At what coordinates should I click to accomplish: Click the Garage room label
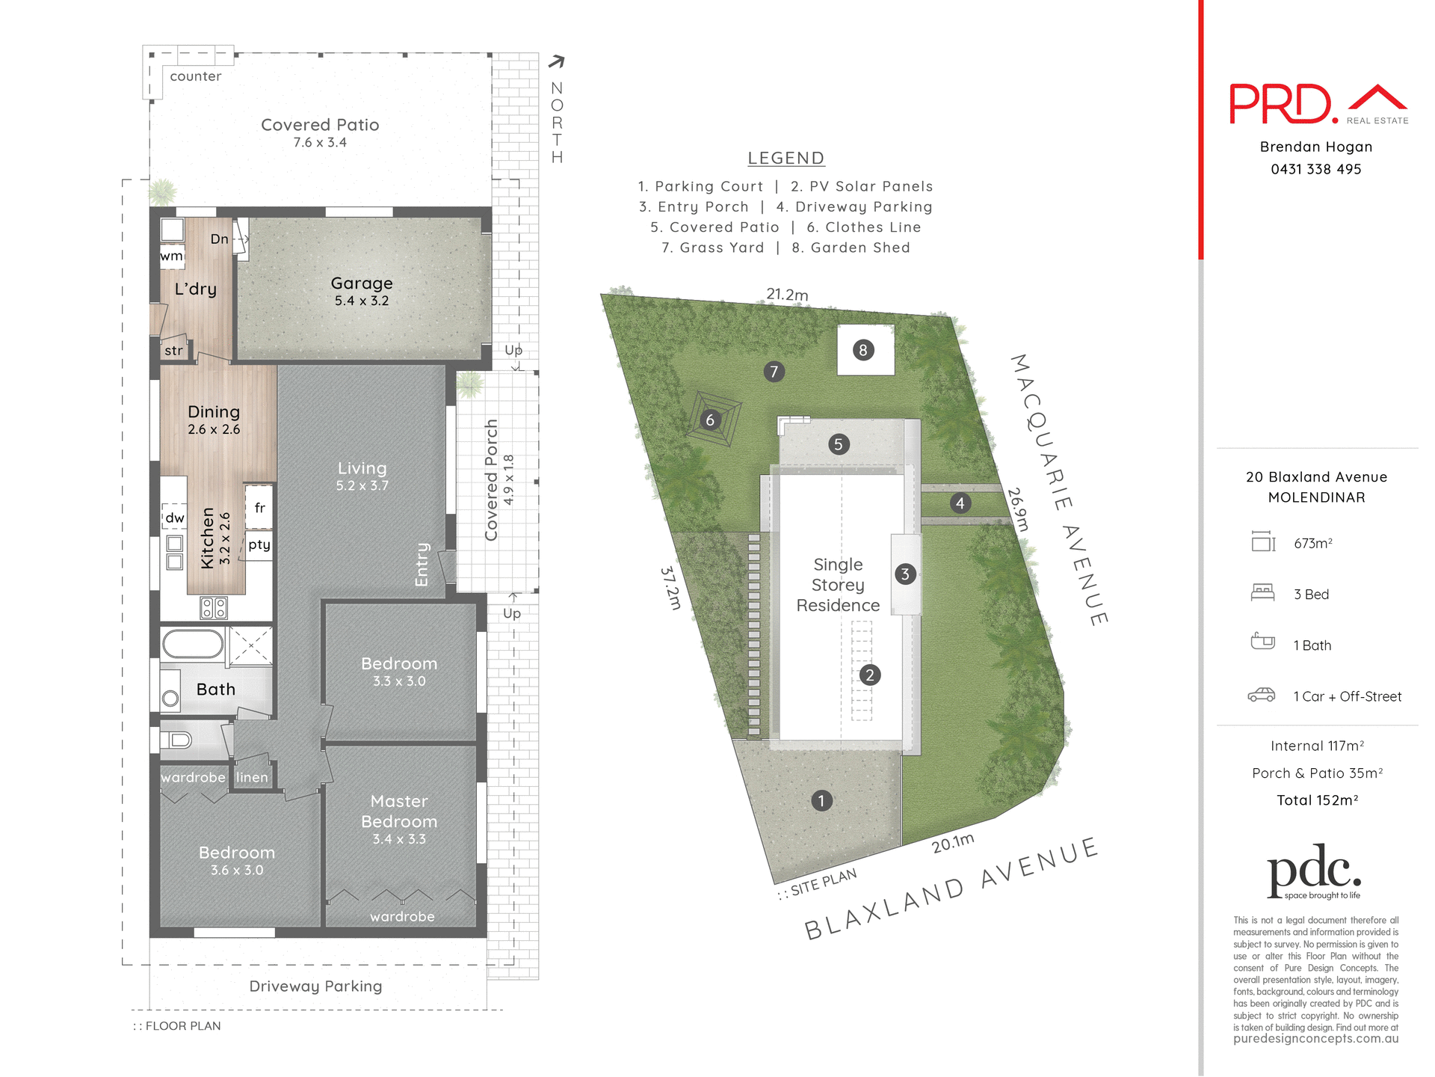click(x=362, y=283)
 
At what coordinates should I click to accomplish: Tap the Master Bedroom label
click(x=399, y=811)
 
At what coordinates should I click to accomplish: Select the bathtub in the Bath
click(x=193, y=644)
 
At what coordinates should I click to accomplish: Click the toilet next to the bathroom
click(x=179, y=740)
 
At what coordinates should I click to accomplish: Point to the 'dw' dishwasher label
click(x=175, y=518)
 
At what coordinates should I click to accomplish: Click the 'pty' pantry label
click(x=259, y=544)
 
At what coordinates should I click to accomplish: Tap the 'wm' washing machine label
click(x=171, y=256)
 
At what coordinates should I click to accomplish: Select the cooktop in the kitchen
click(x=214, y=607)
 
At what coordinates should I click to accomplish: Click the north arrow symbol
click(x=557, y=62)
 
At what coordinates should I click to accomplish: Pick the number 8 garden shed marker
click(x=863, y=350)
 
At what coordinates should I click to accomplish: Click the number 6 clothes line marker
click(x=710, y=420)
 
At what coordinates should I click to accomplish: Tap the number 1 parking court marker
click(x=821, y=801)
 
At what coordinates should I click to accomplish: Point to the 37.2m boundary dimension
click(x=670, y=588)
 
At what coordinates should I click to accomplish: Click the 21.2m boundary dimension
click(x=786, y=294)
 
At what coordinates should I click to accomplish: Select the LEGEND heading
click(x=786, y=159)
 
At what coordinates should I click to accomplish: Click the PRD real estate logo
click(x=1318, y=104)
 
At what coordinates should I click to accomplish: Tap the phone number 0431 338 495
click(x=1315, y=169)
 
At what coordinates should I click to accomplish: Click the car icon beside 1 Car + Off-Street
click(x=1262, y=696)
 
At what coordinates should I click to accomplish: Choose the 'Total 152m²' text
click(x=1317, y=800)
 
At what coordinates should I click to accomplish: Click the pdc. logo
click(x=1314, y=872)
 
